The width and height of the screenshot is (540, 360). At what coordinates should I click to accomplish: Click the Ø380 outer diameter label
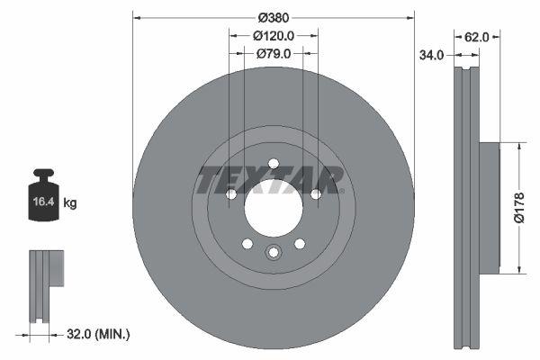(274, 17)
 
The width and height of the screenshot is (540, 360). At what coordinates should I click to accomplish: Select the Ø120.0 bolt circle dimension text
(274, 36)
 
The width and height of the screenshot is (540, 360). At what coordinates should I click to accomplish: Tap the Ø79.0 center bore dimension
(274, 54)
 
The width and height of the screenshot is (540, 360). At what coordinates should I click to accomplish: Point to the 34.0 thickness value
(433, 55)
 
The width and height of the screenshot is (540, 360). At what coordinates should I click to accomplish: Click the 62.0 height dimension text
(476, 37)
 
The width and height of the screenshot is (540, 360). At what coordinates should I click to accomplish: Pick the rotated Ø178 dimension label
(518, 206)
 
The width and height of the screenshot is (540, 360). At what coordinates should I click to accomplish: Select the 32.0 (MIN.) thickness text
(99, 333)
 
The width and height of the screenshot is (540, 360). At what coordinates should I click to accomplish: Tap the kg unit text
(70, 203)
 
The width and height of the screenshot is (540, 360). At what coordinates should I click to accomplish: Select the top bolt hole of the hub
(273, 164)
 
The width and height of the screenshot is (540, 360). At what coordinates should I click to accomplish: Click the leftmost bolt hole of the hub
(231, 194)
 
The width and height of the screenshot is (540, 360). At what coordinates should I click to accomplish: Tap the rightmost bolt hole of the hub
(315, 194)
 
